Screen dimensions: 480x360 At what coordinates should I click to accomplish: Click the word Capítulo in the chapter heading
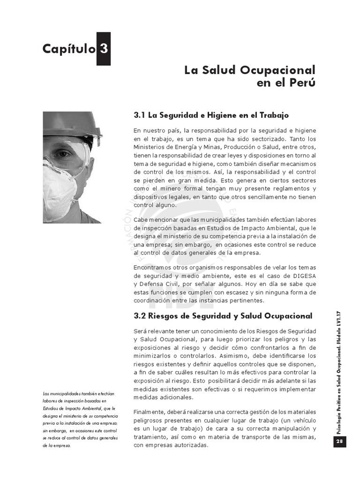(x=68, y=49)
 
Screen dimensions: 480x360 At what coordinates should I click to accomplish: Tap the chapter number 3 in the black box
(x=104, y=49)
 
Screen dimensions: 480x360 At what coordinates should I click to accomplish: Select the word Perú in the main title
(x=303, y=83)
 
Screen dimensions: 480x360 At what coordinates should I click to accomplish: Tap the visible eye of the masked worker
(x=63, y=153)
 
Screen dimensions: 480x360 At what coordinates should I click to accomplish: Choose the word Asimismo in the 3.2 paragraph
(x=222, y=355)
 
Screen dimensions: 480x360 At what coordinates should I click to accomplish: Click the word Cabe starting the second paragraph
(x=141, y=219)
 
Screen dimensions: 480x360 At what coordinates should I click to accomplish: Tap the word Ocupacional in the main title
(x=278, y=70)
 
